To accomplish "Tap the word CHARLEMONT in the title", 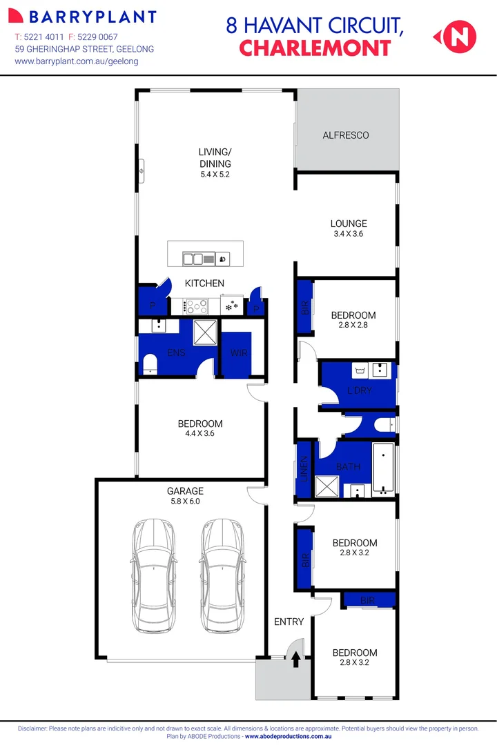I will (315, 48).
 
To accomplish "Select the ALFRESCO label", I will (346, 135).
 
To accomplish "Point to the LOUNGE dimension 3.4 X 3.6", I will (348, 234).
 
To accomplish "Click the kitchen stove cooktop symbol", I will (195, 305).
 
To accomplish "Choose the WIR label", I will (239, 353).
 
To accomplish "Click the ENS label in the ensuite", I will (176, 353).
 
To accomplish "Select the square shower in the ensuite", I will (204, 332).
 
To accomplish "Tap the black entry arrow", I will (295, 660).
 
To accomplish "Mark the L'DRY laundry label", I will (359, 390).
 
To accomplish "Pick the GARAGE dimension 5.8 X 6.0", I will (184, 501).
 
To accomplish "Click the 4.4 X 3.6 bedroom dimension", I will (200, 435).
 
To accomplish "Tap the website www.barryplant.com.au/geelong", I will (76, 61).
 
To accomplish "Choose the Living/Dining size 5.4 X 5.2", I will (214, 175).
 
